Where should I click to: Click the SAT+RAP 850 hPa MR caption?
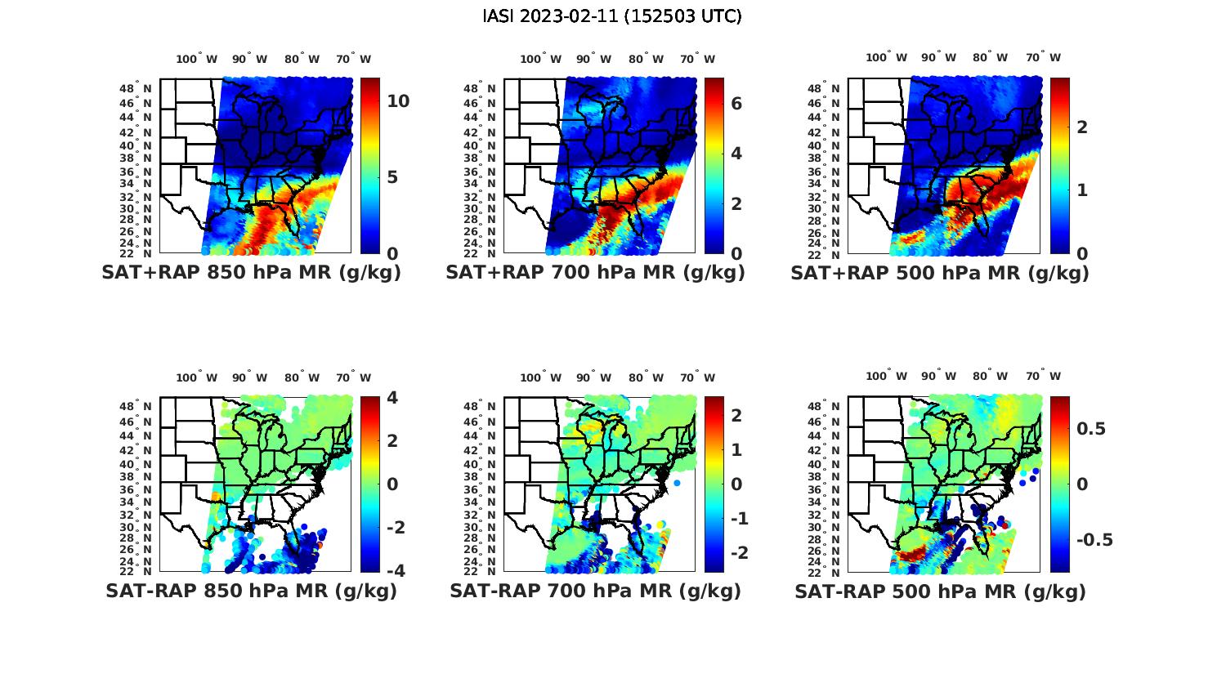251,273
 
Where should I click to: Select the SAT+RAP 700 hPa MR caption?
595,273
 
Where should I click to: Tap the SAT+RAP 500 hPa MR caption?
939,273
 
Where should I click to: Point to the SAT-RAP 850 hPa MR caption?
251,591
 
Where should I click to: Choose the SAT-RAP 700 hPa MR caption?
595,591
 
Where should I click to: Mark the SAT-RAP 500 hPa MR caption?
939,591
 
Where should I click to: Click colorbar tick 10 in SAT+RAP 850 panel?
398,101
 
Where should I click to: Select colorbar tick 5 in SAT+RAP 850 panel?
392,177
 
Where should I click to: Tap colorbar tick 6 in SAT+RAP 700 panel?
736,103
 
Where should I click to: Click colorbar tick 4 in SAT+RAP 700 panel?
736,154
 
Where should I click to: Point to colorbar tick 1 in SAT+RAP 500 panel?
1081,190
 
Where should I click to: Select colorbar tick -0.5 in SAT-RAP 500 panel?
1094,540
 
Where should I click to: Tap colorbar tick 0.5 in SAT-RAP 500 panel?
1091,429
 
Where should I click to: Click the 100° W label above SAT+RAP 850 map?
196,59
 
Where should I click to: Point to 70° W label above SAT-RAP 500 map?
1043,377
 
